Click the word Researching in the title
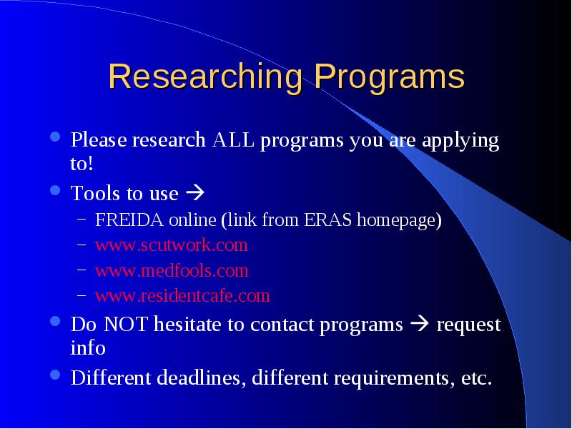205,77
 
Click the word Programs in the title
389,77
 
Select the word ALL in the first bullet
233,139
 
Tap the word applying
460,142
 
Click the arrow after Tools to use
195,192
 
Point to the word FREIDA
129,220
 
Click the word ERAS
327,220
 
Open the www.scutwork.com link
172,245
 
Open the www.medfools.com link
172,270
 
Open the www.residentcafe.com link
182,295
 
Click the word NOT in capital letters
126,324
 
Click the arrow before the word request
420,324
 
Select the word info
88,347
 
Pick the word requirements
391,378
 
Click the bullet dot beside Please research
55,137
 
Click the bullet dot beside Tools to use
55,190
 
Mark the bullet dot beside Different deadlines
55,375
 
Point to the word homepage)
399,220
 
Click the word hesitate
187,324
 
